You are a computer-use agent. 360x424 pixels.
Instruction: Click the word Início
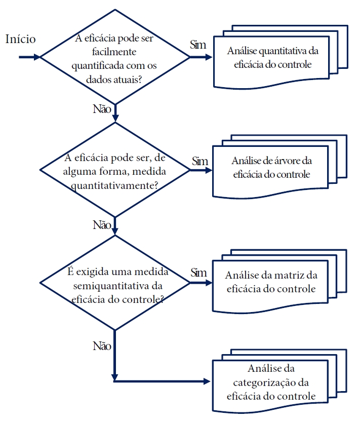click(x=20, y=40)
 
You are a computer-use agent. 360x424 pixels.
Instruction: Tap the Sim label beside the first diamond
click(x=198, y=45)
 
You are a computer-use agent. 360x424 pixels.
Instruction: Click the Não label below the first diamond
click(x=101, y=108)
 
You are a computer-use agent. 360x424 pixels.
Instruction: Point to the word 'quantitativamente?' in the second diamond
click(x=116, y=185)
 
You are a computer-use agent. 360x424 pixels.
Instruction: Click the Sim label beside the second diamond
click(x=200, y=161)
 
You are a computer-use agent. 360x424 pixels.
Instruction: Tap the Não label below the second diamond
click(x=101, y=224)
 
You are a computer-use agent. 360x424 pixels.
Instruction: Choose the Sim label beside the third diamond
click(x=198, y=273)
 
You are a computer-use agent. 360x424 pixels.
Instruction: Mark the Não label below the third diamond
click(x=101, y=346)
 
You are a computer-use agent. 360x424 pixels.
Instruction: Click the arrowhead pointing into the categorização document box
click(x=206, y=380)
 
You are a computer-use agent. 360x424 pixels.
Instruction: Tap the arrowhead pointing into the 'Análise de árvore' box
click(x=208, y=171)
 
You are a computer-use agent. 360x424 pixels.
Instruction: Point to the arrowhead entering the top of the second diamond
click(x=115, y=119)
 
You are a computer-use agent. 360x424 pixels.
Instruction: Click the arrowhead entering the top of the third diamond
click(x=115, y=232)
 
